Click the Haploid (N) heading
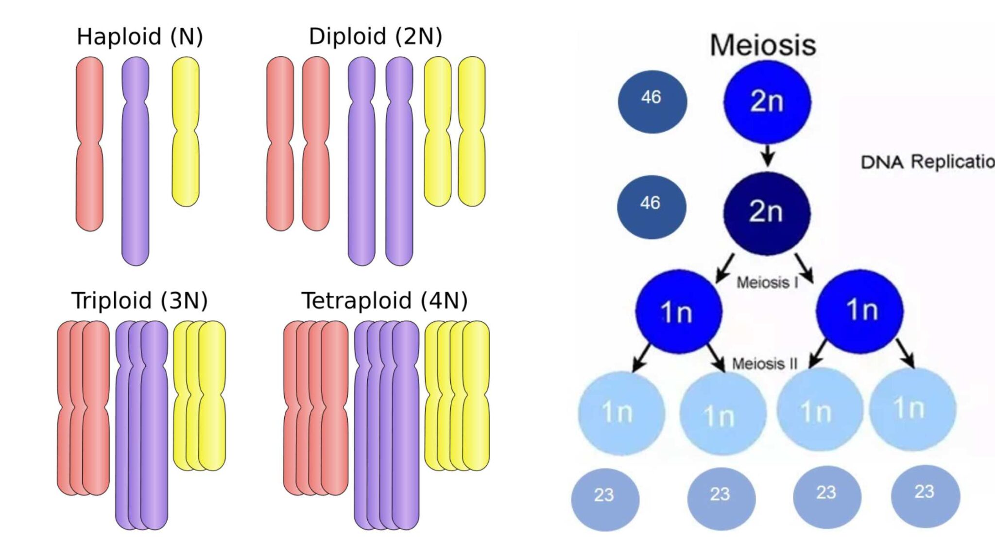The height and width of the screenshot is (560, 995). coord(139,37)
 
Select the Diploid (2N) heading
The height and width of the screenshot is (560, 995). coord(375,37)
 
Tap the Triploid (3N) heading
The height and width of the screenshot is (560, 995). coord(139,300)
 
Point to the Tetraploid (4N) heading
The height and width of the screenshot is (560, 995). coord(384,300)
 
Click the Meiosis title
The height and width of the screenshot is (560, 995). coord(763,45)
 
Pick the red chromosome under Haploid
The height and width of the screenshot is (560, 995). coord(90,185)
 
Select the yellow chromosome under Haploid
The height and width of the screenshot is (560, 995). coord(186,165)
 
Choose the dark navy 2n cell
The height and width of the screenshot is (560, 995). coord(767,212)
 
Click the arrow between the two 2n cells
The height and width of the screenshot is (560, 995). coord(768,156)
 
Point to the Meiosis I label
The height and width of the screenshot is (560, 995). coord(767,282)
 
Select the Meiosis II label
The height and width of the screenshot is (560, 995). coord(765,364)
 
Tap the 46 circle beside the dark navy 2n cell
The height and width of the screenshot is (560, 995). coord(651,206)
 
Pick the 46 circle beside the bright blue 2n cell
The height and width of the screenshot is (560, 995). coord(652,101)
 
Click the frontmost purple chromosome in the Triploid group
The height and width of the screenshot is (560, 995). coord(154,437)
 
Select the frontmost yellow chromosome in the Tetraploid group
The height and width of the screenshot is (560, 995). coord(476,428)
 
